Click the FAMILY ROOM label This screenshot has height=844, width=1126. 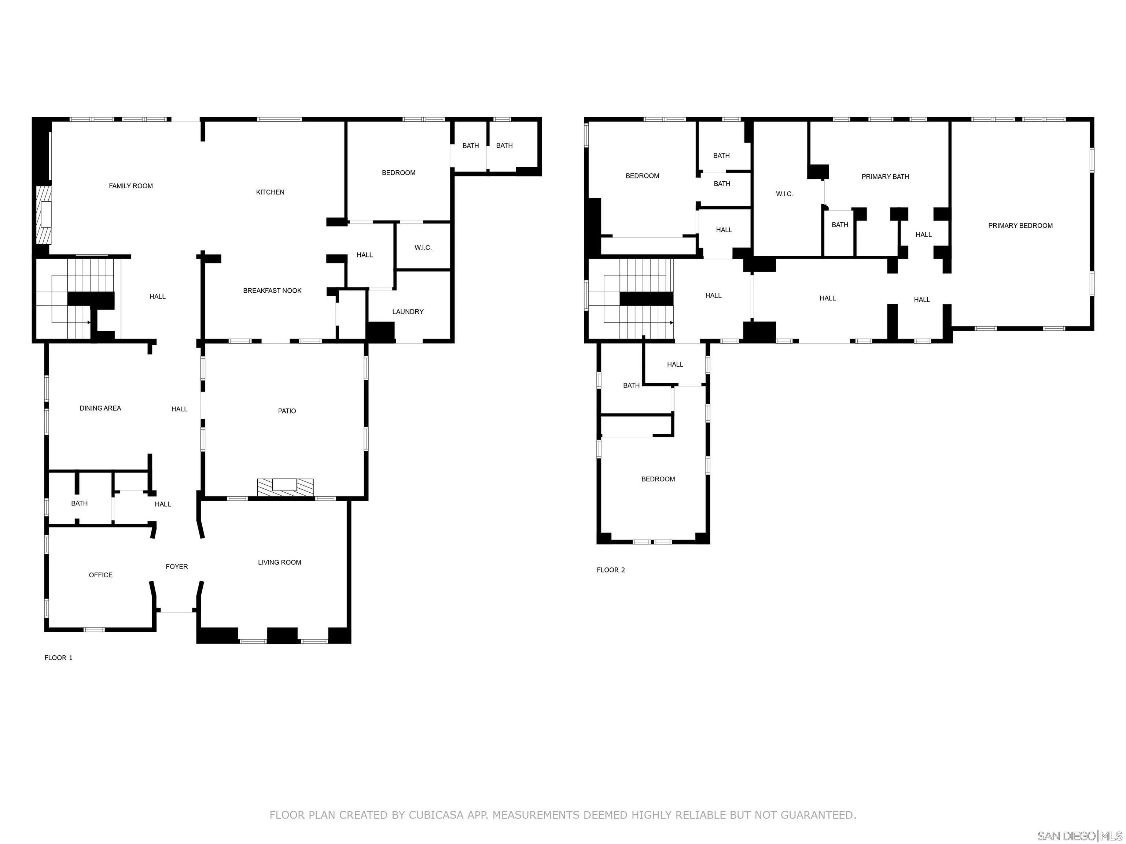click(x=131, y=186)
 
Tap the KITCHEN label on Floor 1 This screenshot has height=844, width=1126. click(x=270, y=192)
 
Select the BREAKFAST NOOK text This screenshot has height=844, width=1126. click(x=272, y=291)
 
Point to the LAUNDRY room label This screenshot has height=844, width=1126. click(x=408, y=312)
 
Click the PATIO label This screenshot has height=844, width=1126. click(x=287, y=411)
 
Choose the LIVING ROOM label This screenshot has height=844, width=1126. click(x=279, y=563)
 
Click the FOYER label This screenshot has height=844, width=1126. click(x=177, y=567)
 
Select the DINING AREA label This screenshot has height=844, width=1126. click(x=100, y=408)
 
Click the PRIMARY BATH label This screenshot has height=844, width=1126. click(x=885, y=177)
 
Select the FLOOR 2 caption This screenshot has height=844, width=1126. click(x=611, y=570)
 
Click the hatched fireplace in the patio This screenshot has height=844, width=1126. click(x=285, y=487)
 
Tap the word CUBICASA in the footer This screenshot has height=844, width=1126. click(x=436, y=815)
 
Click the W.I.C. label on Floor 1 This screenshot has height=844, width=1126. click(x=423, y=248)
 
